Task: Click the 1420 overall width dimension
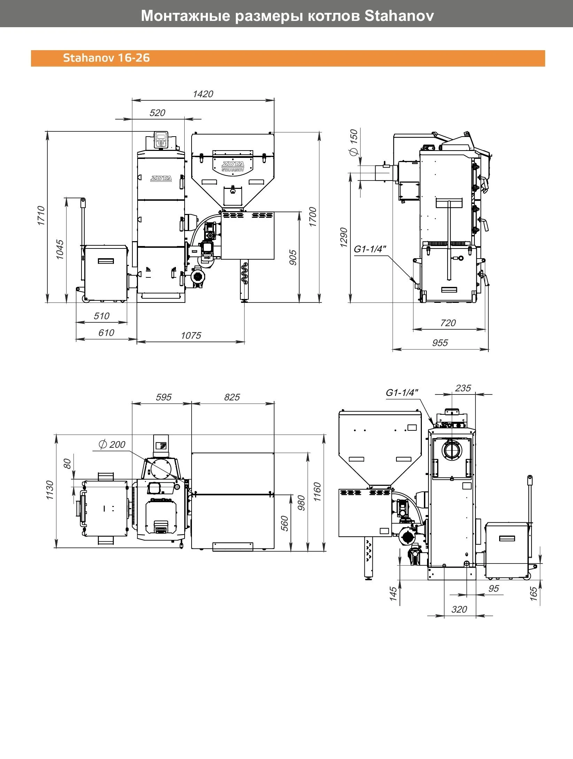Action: (203, 94)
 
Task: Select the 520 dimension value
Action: (157, 113)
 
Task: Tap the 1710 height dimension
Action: (41, 216)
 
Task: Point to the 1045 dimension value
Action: (60, 249)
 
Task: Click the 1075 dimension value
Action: (191, 336)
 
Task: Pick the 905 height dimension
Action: (293, 257)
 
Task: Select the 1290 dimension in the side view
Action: (344, 237)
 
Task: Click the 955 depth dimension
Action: (440, 343)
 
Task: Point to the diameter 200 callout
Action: (112, 445)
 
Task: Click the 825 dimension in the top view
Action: (232, 397)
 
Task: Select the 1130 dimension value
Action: (49, 490)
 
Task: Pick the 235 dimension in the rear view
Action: (463, 388)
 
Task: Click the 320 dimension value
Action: (459, 609)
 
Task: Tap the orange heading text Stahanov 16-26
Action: (106, 58)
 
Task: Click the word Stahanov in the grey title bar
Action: (399, 16)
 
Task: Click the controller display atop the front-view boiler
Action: (161, 140)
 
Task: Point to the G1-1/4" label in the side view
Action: (370, 249)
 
